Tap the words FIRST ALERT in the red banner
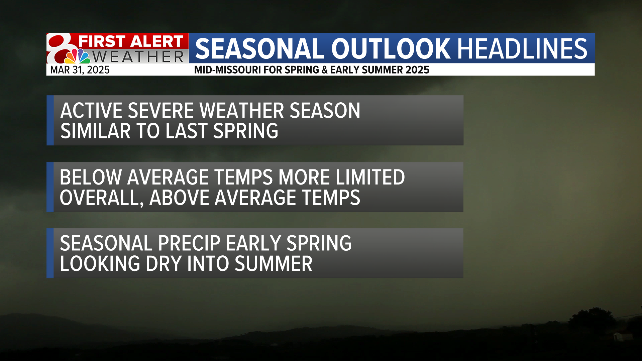coord(131,41)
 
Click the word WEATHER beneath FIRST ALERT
coord(138,57)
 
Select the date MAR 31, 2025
coord(80,70)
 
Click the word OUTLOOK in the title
coord(391,49)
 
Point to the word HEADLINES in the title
coord(522,49)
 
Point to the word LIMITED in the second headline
coord(370,177)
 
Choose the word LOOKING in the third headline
coord(100,264)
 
